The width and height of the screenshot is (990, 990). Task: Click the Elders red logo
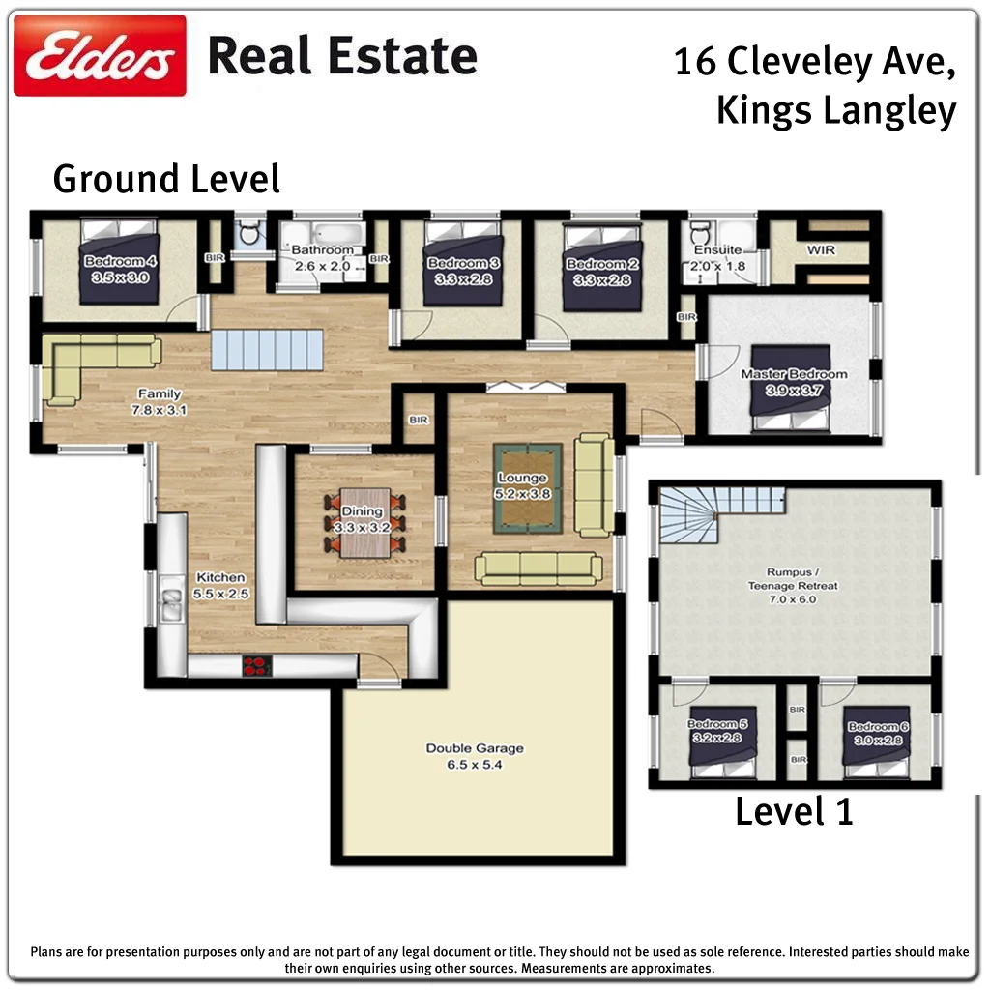coord(100,56)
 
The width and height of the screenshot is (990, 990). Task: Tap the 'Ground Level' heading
coord(166,180)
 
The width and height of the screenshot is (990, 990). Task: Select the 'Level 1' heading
coord(794,810)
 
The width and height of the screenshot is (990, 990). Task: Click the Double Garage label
coord(475,748)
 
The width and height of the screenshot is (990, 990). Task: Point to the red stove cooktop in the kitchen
coord(257,665)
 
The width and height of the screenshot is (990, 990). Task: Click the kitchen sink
coord(171,604)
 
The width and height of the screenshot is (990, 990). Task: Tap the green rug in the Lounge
coord(528,488)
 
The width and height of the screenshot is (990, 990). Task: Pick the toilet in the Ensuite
coord(698,232)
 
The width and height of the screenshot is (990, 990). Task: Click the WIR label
coord(821,250)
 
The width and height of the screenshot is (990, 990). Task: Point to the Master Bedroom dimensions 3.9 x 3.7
coord(793,390)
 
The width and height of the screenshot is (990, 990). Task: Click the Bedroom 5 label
coord(717,724)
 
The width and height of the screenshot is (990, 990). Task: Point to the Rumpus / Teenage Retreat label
coord(793,578)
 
